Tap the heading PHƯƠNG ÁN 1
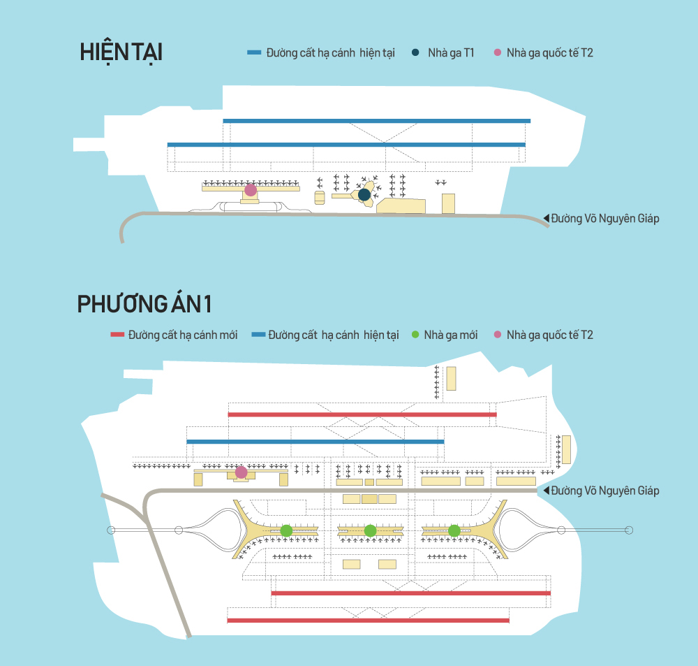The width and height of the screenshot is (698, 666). tap(144, 305)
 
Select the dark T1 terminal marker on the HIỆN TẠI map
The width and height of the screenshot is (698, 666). tap(364, 194)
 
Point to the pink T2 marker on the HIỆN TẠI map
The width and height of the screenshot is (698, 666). tap(251, 190)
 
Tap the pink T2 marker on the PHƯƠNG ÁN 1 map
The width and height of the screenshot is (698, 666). tap(242, 472)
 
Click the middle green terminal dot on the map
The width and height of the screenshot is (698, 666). tap(370, 530)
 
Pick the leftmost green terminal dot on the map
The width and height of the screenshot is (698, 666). tap(286, 530)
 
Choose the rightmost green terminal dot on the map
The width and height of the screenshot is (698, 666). tap(454, 530)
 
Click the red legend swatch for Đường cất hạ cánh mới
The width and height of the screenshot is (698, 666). tap(117, 335)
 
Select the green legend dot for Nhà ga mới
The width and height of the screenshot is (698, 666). tap(415, 335)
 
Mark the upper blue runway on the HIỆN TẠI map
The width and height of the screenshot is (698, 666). tap(376, 121)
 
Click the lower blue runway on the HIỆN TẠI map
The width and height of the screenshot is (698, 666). tap(346, 145)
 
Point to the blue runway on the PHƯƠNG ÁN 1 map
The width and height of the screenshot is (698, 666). tap(315, 442)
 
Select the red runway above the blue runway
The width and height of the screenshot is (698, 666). tap(362, 414)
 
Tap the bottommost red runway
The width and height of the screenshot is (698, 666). tap(369, 620)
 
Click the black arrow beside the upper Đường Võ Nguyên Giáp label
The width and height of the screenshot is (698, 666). tap(547, 219)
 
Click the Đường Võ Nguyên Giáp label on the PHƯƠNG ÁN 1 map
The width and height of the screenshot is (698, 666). tap(604, 491)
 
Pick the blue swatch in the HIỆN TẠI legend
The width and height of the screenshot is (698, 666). tap(254, 53)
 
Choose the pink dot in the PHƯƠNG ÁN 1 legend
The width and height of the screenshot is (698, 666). tap(498, 335)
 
